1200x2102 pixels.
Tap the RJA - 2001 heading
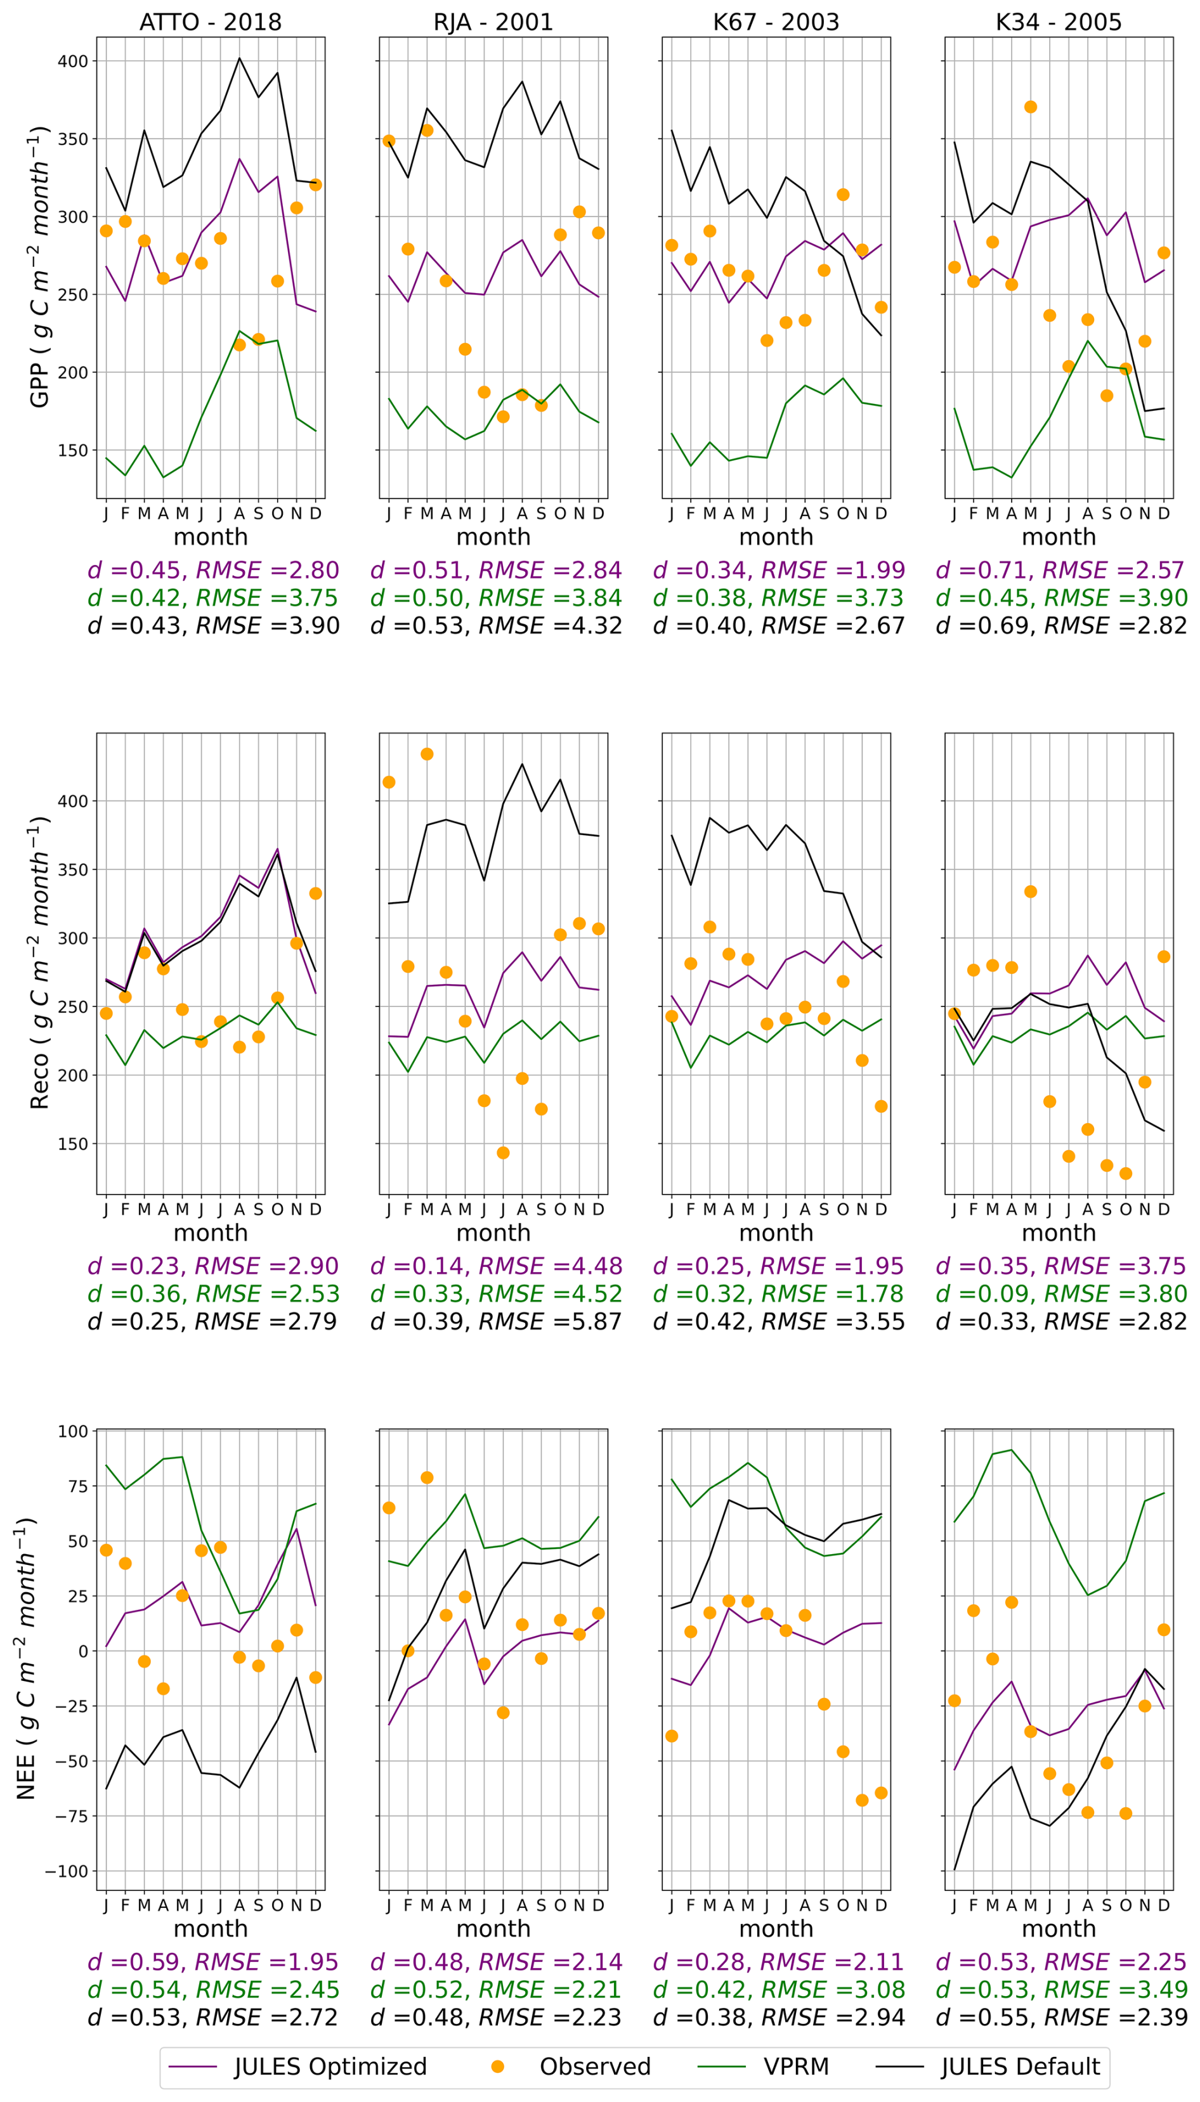click(x=493, y=22)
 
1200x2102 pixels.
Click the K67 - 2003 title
click(x=776, y=22)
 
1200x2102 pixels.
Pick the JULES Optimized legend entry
click(x=330, y=2066)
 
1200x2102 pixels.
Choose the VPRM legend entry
click(x=795, y=2066)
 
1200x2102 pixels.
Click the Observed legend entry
click(x=594, y=2066)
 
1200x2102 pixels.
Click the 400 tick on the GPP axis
click(x=72, y=61)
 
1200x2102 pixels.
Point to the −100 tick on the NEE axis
click(x=65, y=1871)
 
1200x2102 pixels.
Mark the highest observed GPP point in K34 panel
click(x=1030, y=107)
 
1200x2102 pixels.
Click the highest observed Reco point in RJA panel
click(x=427, y=754)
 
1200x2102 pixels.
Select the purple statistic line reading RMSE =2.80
click(x=214, y=570)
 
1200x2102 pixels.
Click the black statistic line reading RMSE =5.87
click(x=496, y=1321)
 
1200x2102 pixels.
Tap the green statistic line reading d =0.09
click(x=1062, y=1294)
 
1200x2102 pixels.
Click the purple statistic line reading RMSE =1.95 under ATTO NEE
click(x=214, y=1962)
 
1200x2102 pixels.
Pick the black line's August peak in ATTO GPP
click(x=239, y=58)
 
